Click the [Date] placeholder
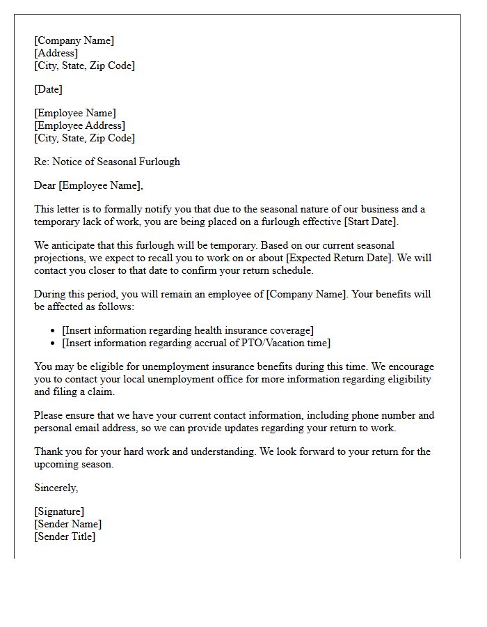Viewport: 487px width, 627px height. (48, 89)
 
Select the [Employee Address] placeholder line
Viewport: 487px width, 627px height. (79, 125)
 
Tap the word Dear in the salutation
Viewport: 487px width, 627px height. (46, 185)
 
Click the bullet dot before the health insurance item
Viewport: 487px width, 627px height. (54, 331)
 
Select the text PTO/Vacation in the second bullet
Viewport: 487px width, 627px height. (252, 343)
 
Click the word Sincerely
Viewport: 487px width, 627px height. (56, 488)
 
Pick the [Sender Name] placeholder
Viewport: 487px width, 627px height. (67, 524)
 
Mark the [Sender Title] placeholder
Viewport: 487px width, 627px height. (65, 536)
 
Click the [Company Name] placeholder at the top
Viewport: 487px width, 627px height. (74, 40)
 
